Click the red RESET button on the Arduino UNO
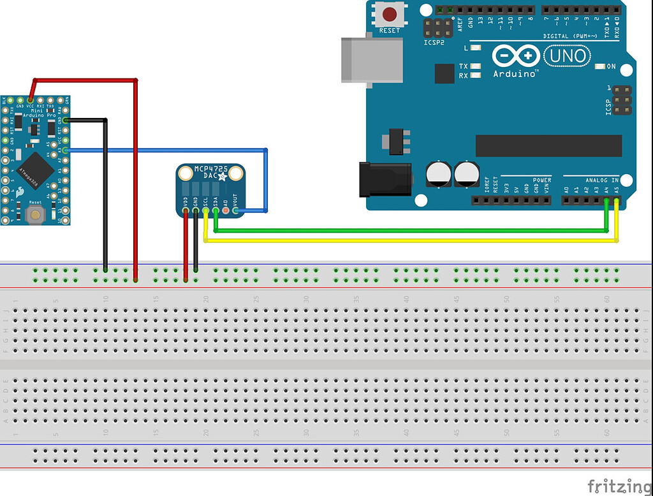389,14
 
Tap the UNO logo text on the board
566,57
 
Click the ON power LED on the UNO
599,66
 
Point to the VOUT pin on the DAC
235,210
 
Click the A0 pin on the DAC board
226,210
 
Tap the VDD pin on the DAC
186,210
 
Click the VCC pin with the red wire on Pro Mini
30,100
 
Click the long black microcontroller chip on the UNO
548,145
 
